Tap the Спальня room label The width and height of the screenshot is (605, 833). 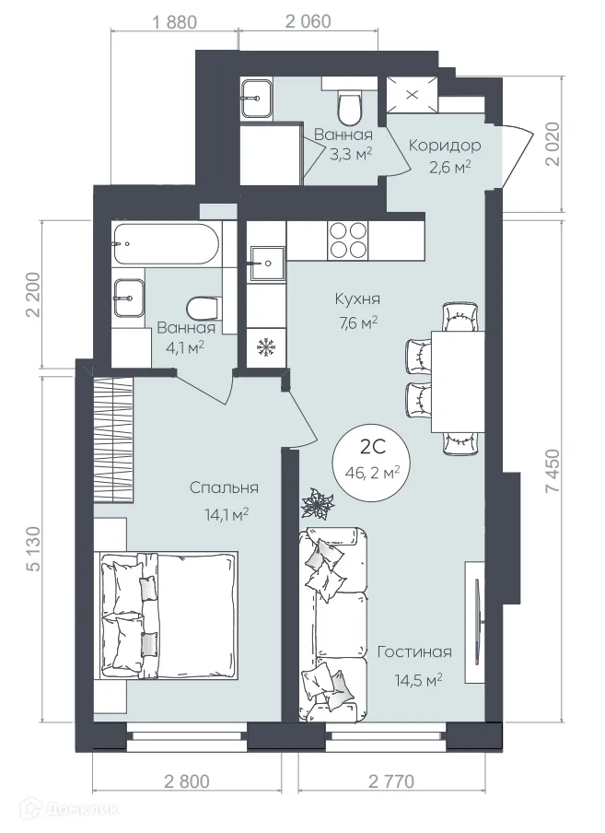pos(223,488)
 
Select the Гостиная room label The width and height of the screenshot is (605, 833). pos(414,652)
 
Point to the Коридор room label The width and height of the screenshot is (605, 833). pos(444,146)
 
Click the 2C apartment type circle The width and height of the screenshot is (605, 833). pos(372,459)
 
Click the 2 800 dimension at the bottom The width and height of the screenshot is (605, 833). pos(187,781)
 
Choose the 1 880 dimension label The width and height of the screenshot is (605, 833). pos(173,20)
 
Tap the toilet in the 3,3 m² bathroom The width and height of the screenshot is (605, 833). pos(349,108)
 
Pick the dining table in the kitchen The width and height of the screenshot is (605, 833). pos(457,379)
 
